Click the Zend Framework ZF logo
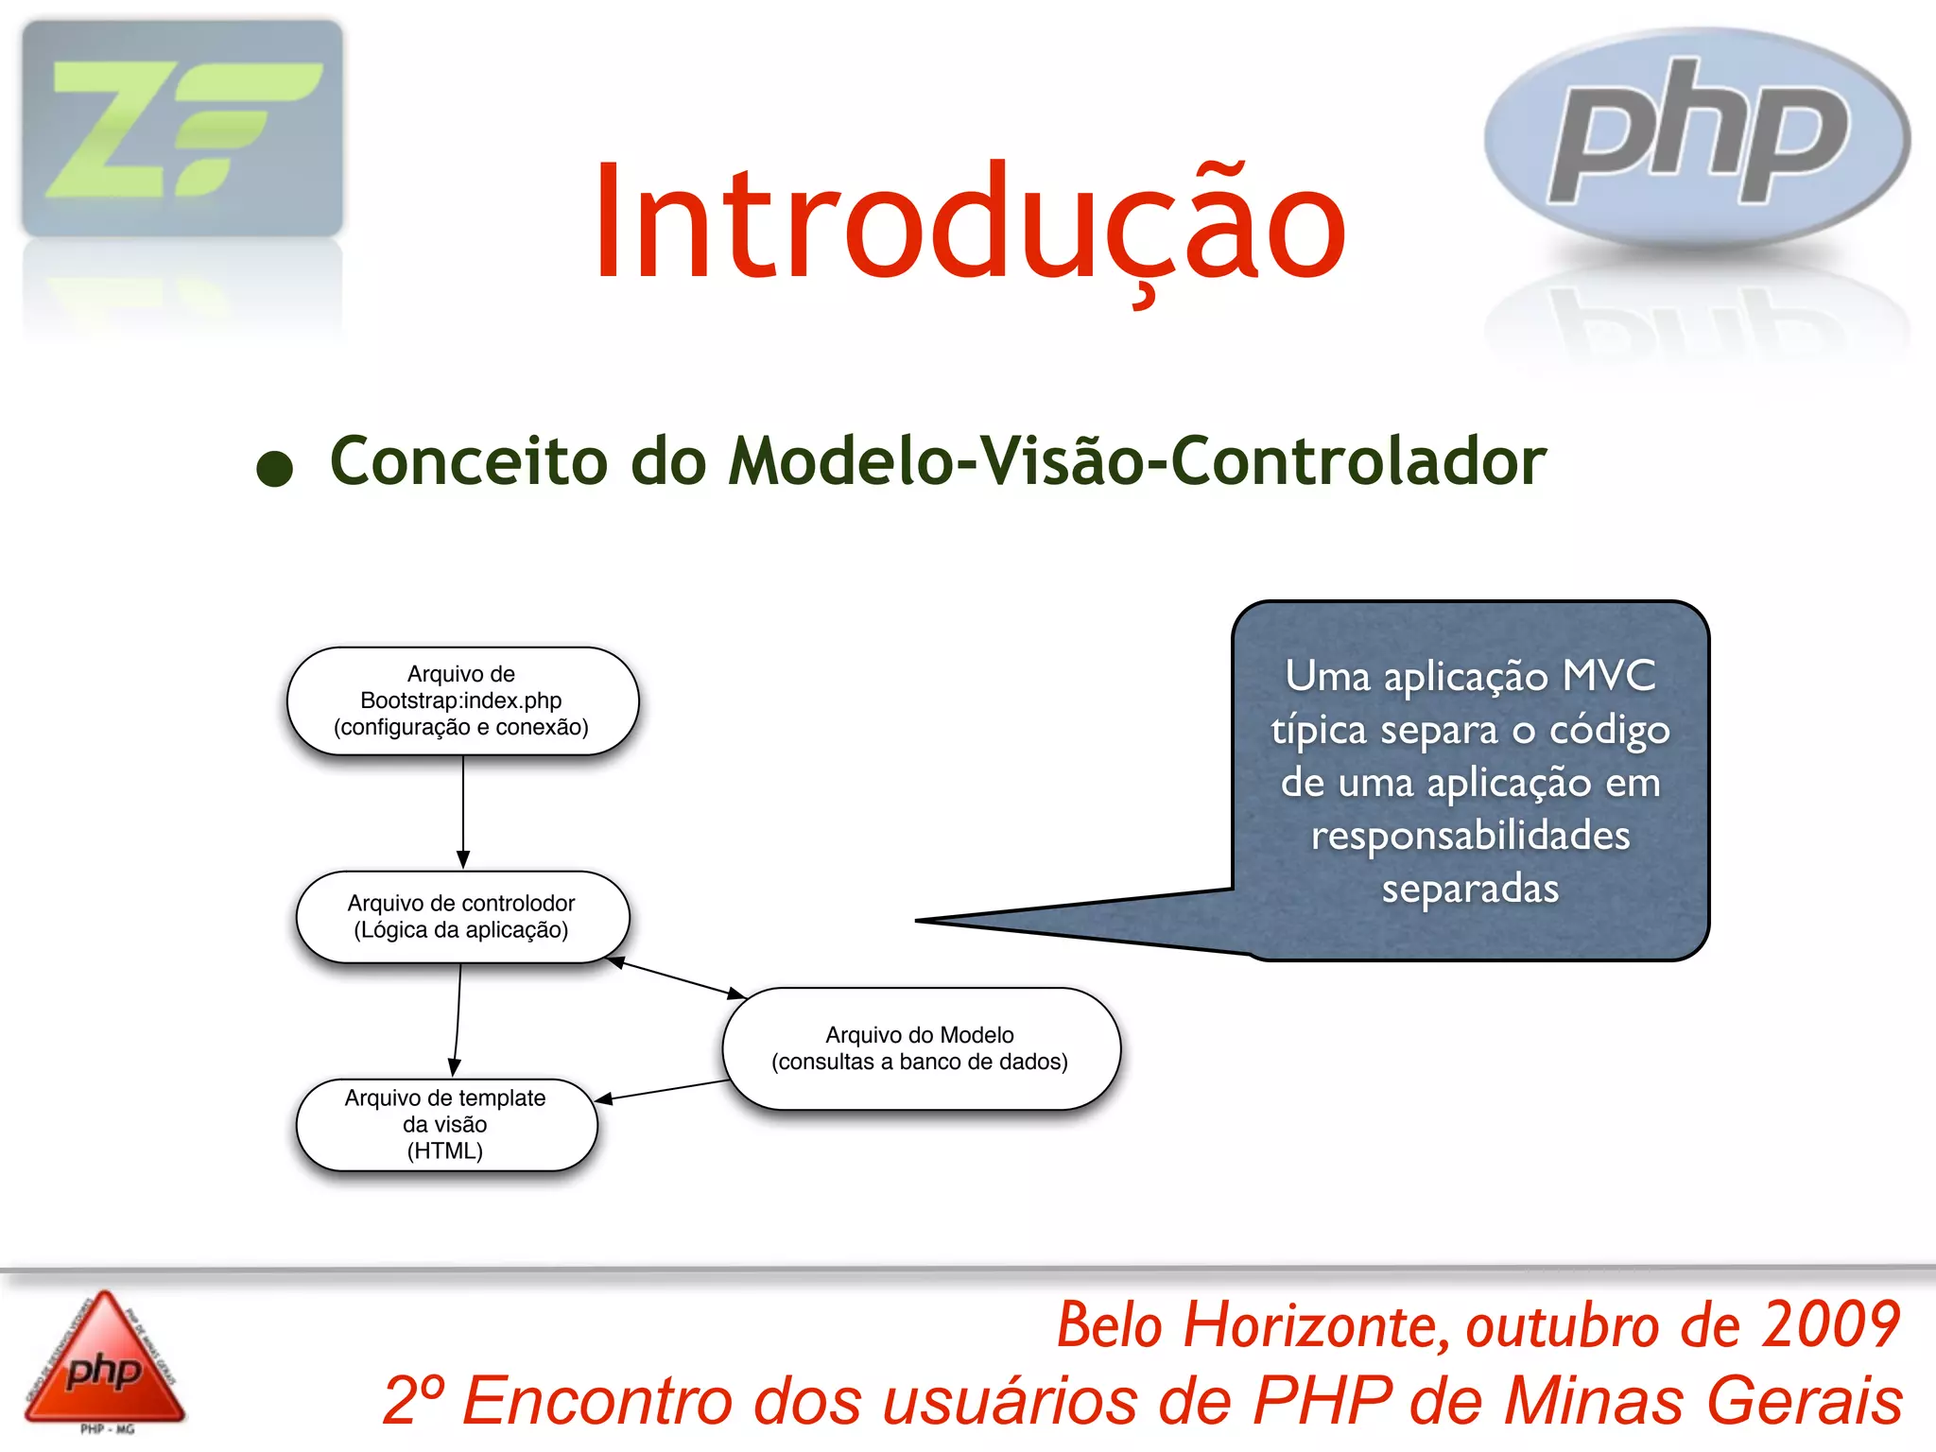[x=181, y=129]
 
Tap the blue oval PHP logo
[x=1697, y=137]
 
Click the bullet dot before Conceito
[x=275, y=468]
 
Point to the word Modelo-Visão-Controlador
[x=1137, y=461]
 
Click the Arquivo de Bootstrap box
[x=462, y=700]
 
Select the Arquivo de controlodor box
[x=462, y=917]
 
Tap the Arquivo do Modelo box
[x=921, y=1048]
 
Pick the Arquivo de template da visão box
[x=446, y=1125]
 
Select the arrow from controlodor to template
[x=458, y=1019]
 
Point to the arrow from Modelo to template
[x=662, y=1090]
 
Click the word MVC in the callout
[x=1609, y=676]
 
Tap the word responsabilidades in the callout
[x=1470, y=836]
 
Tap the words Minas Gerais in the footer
[x=1703, y=1400]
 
